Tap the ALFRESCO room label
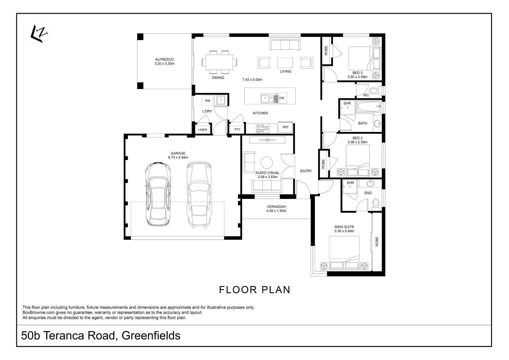(x=164, y=59)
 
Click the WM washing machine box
(x=207, y=101)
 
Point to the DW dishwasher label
(x=282, y=98)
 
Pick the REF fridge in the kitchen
(x=285, y=127)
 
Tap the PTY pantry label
(x=237, y=130)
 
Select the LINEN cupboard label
(x=202, y=130)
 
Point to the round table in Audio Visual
(x=266, y=162)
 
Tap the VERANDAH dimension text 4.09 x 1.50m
(x=276, y=211)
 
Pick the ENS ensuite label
(x=368, y=193)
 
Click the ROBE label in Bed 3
(x=326, y=50)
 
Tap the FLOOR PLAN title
(x=254, y=290)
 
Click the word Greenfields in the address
(x=151, y=335)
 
